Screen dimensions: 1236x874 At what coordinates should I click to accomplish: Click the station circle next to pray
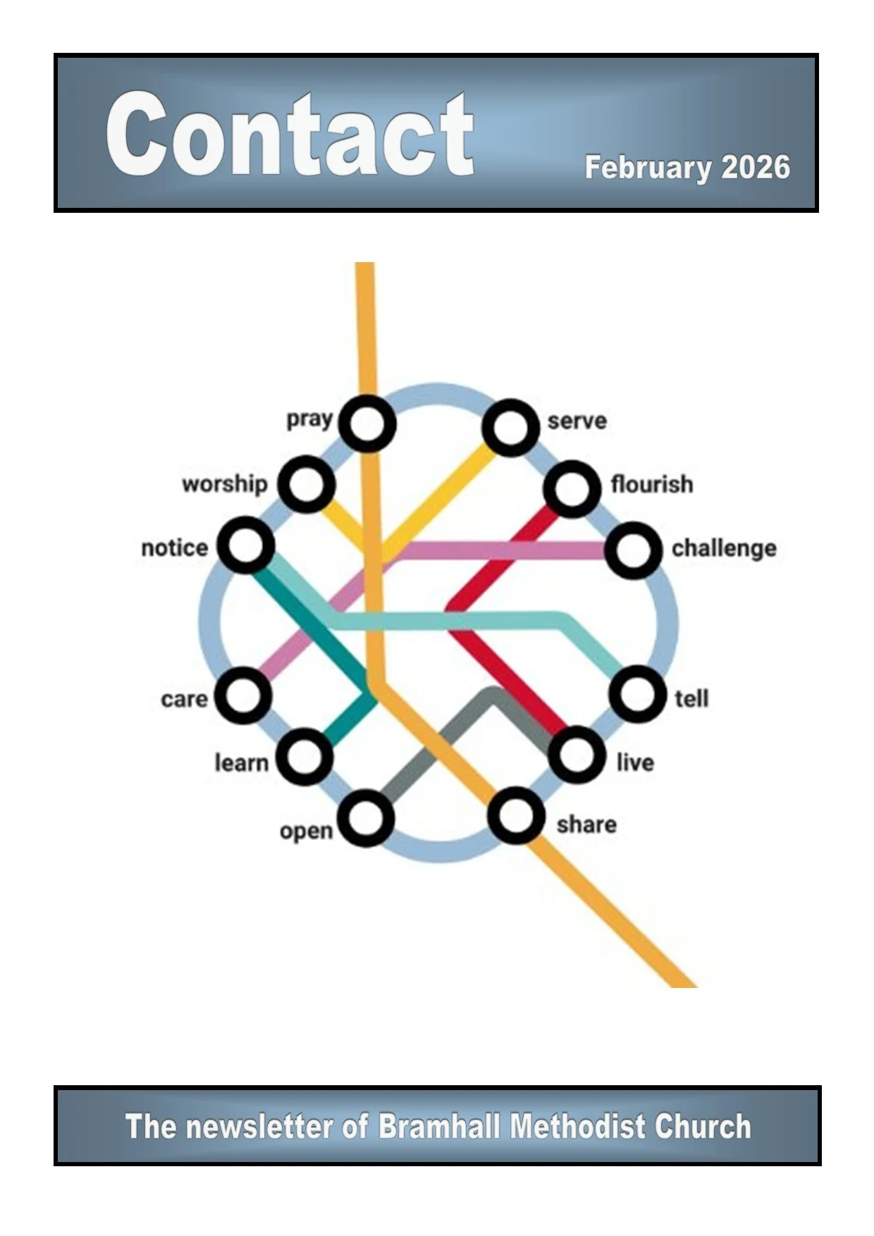(x=367, y=424)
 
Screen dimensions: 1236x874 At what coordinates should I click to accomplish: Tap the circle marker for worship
(x=306, y=484)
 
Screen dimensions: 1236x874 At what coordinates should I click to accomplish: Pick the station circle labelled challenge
(x=634, y=550)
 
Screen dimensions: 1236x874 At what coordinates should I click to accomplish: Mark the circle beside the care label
(x=243, y=696)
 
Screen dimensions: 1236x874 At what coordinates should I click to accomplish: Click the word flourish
(x=651, y=485)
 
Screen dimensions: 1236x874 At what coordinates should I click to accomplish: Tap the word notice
(x=174, y=548)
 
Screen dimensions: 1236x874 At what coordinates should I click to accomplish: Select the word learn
(x=241, y=763)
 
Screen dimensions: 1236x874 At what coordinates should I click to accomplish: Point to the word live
(x=634, y=762)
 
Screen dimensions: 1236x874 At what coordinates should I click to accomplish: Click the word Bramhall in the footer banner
(x=441, y=1126)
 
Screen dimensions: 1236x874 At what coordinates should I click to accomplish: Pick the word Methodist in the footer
(x=578, y=1126)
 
